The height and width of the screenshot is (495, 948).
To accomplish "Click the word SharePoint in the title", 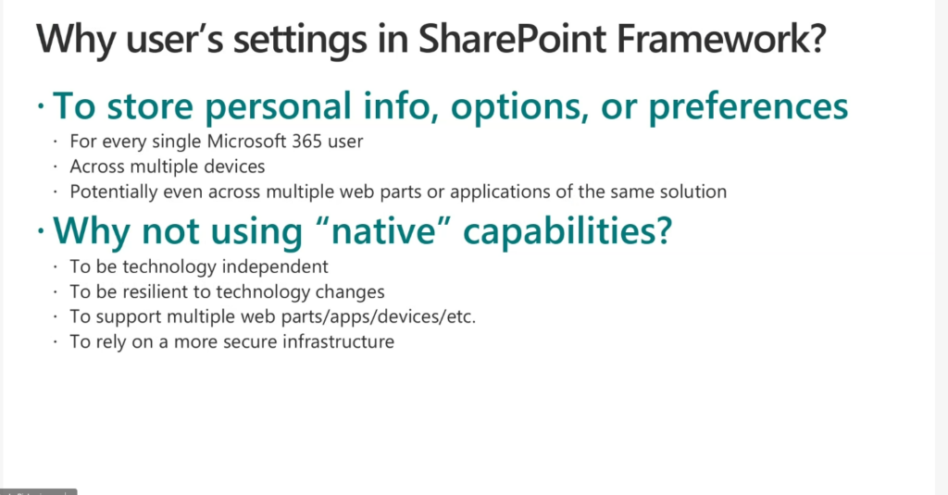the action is pyautogui.click(x=512, y=39).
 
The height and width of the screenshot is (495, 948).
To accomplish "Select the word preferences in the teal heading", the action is pyautogui.click(x=748, y=107).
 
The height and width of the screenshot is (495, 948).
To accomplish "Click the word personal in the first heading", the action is pyautogui.click(x=278, y=107).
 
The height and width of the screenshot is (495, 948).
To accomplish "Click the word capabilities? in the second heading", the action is pyautogui.click(x=568, y=231).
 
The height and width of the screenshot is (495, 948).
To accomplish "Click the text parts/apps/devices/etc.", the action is pyautogui.click(x=379, y=317).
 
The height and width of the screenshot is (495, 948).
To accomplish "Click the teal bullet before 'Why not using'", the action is pyautogui.click(x=41, y=231).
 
